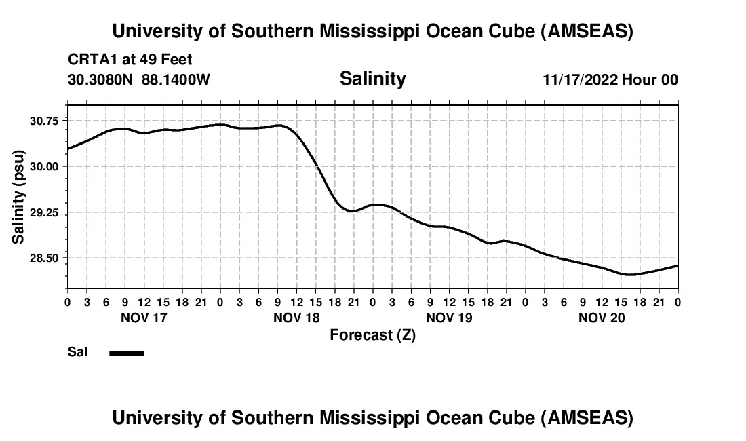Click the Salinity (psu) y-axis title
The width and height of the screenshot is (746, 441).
click(18, 196)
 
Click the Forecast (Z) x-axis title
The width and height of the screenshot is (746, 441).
click(372, 334)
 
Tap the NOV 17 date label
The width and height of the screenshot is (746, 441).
click(143, 318)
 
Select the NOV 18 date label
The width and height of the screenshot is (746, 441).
click(296, 318)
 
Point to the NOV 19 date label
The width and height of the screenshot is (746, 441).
click(449, 318)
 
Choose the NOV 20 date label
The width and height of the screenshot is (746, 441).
click(602, 318)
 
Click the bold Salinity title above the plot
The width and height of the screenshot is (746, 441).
click(372, 79)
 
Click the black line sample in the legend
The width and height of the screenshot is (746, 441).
click(127, 353)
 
